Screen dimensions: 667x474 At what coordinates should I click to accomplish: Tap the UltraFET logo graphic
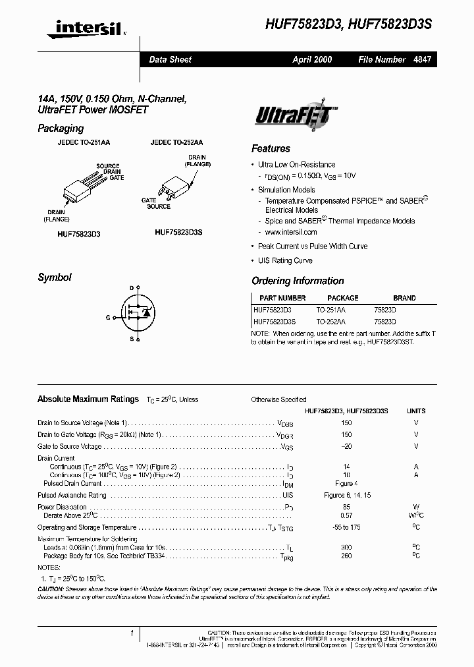296,117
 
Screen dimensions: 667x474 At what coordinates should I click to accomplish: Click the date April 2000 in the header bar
312,59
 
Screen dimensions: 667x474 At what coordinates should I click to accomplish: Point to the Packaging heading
61,129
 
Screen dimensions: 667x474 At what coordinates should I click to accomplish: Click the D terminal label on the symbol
132,288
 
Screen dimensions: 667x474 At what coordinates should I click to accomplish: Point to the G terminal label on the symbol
108,317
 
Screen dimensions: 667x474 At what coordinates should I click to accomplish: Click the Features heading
271,148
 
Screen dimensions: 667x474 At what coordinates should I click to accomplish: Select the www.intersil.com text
291,232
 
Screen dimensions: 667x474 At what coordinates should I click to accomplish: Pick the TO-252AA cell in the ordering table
330,322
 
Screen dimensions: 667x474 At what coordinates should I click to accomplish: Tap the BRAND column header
405,298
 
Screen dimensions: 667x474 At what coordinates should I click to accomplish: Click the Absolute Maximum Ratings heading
88,399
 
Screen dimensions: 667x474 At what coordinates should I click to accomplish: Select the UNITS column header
416,410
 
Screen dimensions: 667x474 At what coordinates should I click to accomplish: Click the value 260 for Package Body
346,555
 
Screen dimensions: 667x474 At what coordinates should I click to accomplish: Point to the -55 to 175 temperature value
346,527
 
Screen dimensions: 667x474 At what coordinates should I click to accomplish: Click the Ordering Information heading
298,281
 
